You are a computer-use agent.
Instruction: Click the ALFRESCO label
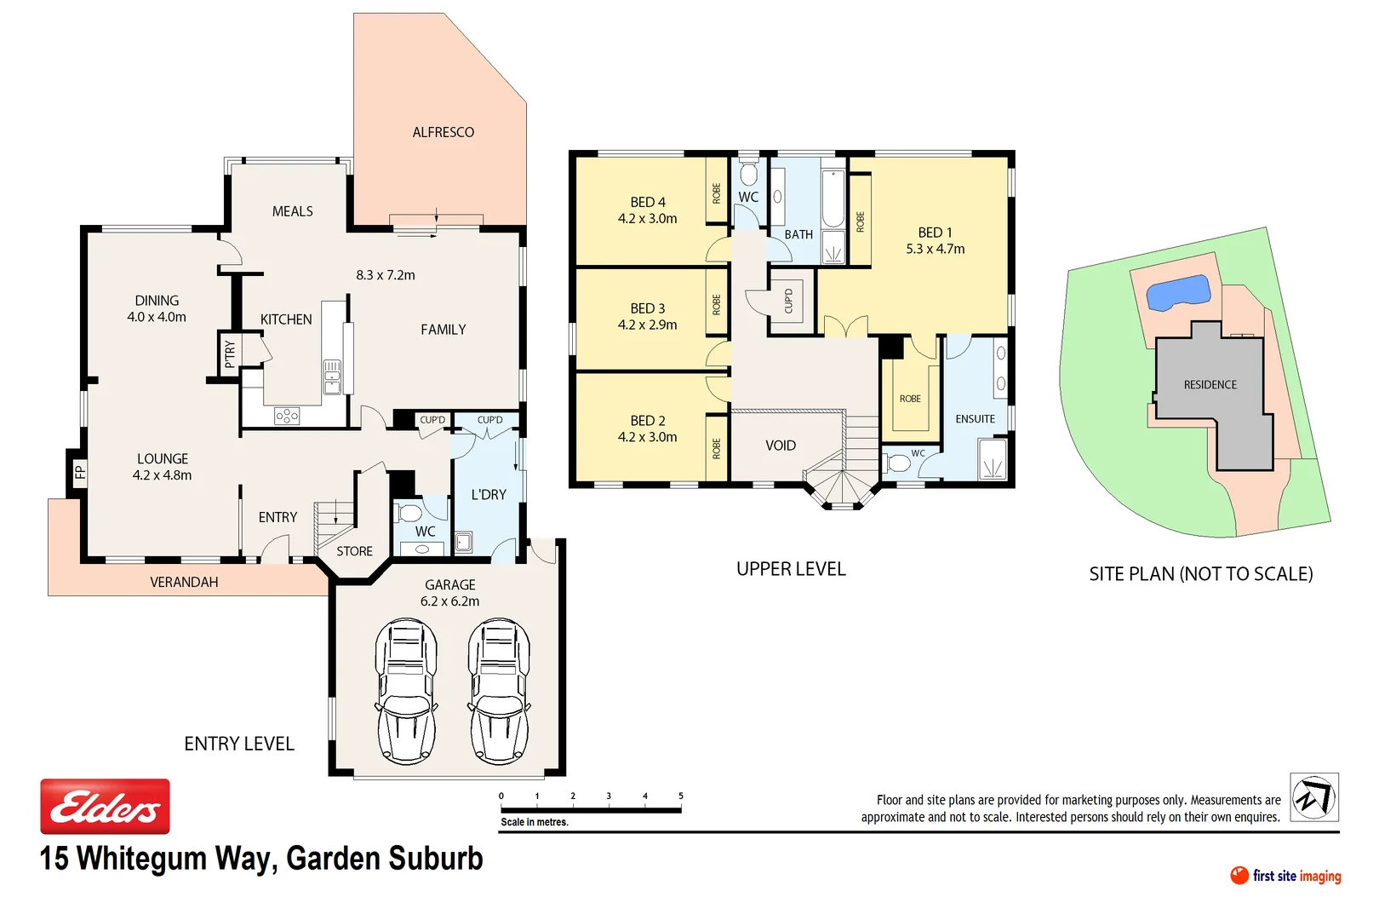443,132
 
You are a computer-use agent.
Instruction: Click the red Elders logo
105,806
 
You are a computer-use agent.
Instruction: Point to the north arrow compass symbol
1313,797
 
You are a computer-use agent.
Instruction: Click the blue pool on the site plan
1178,292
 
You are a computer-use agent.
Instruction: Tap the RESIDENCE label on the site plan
1210,385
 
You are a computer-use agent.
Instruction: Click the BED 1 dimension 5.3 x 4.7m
935,249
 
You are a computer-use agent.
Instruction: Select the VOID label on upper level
780,446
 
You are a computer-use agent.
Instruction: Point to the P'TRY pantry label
229,353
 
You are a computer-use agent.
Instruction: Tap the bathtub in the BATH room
833,199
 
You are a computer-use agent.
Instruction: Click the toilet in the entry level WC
409,513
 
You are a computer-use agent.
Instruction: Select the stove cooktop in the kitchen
287,416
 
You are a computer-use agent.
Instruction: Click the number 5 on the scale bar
680,796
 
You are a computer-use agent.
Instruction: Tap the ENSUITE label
975,419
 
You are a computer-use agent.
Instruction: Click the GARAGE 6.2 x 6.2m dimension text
449,601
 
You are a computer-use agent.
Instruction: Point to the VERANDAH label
184,582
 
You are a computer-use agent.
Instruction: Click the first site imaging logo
1285,876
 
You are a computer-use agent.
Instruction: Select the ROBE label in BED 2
716,448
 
